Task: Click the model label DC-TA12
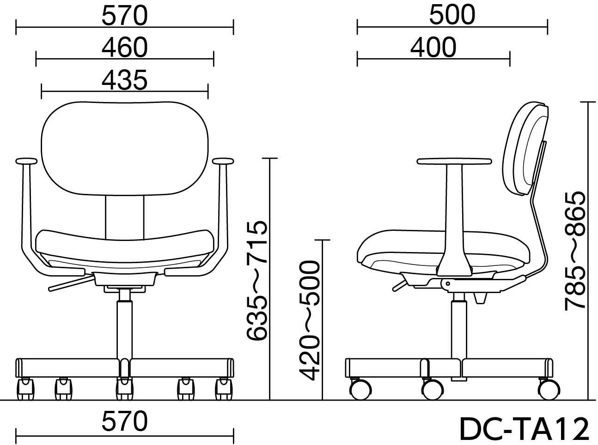(x=524, y=429)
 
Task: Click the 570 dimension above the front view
(x=125, y=16)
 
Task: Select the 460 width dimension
(x=125, y=48)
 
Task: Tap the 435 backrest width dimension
(x=125, y=80)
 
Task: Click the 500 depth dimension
(x=452, y=15)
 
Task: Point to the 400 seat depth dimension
(x=433, y=48)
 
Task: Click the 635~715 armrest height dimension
(x=256, y=280)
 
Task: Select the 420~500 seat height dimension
(x=309, y=320)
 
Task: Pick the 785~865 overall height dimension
(x=575, y=251)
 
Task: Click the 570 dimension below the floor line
(x=125, y=421)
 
